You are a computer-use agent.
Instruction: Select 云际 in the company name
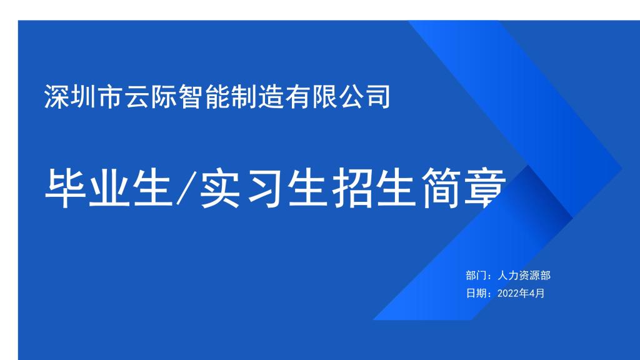(x=151, y=97)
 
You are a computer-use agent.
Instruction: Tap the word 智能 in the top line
(x=204, y=97)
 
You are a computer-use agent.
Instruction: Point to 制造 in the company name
(x=258, y=97)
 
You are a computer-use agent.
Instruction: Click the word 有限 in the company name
(x=311, y=97)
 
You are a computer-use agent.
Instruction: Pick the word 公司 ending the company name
(x=365, y=97)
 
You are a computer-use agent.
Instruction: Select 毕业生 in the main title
(x=109, y=188)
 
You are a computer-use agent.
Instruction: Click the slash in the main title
(x=186, y=188)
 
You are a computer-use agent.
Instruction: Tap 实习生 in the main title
(x=264, y=188)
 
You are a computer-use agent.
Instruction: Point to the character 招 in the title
(x=352, y=188)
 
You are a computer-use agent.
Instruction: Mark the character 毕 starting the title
(x=65, y=188)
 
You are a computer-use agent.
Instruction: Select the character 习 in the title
(x=264, y=188)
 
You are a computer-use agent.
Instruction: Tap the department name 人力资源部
(x=524, y=276)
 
